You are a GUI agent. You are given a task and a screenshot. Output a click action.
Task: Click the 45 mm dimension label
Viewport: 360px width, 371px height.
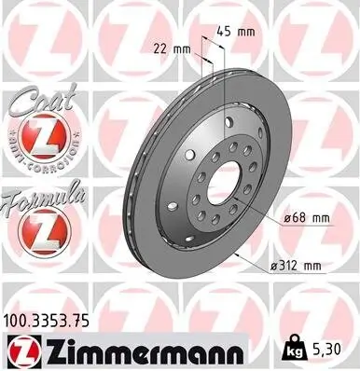coord(241,31)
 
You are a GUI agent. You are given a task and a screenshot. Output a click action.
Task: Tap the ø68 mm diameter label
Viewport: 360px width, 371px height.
coord(306,218)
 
